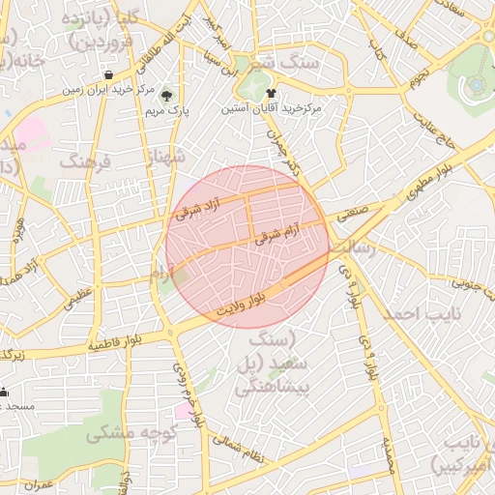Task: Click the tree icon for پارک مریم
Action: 167,96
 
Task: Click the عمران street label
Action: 41,483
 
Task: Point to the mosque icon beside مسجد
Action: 4,393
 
